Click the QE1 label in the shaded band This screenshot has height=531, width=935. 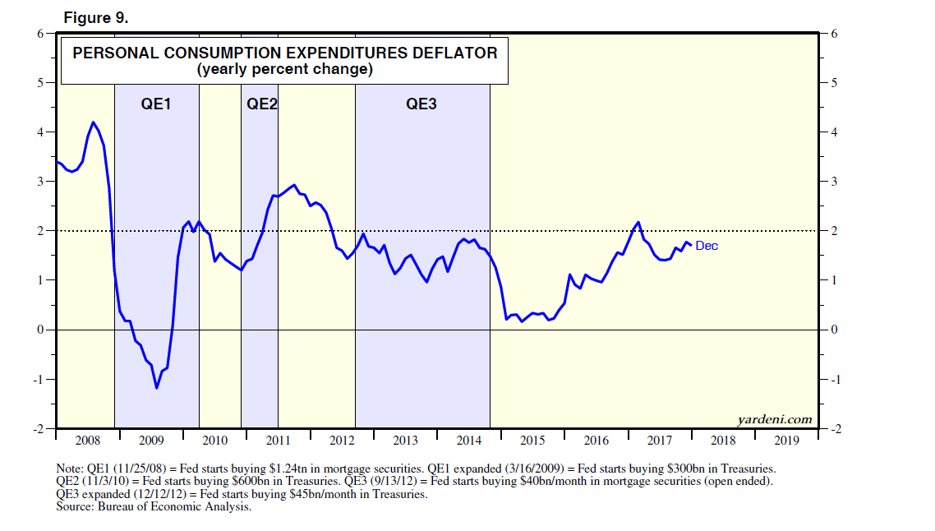click(x=155, y=104)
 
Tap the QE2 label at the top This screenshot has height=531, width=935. click(x=261, y=104)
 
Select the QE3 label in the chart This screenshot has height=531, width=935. click(x=421, y=104)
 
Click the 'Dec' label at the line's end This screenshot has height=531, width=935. click(x=707, y=246)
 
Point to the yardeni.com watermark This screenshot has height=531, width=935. click(x=774, y=419)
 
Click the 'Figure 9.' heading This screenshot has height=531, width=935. click(x=95, y=19)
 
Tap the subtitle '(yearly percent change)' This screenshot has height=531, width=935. click(x=284, y=70)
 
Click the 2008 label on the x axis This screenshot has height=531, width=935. click(x=86, y=441)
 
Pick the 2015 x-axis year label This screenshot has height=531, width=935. click(x=532, y=441)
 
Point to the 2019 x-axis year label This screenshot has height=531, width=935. click(x=787, y=441)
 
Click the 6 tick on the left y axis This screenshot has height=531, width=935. click(x=39, y=34)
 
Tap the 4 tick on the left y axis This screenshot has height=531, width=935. click(x=39, y=132)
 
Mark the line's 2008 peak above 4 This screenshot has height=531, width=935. click(x=93, y=122)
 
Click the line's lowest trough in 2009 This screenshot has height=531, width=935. click(x=156, y=387)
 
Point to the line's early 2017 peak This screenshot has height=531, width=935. click(x=638, y=222)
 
